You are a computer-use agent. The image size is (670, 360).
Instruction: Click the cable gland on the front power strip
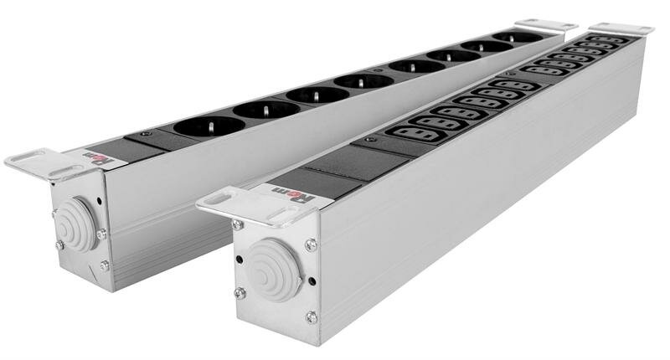[x=274, y=269]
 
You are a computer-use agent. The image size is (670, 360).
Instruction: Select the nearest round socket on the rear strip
[x=209, y=126]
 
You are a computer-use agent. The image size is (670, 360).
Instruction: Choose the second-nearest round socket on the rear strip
[x=266, y=110]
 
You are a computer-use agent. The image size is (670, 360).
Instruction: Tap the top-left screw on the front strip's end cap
[x=239, y=225]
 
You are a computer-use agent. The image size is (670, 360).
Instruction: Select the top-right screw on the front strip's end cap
[x=311, y=244]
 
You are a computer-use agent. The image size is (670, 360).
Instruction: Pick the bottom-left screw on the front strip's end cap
[x=240, y=292]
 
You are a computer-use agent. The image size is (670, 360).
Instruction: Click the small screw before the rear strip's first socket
[x=147, y=133]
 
